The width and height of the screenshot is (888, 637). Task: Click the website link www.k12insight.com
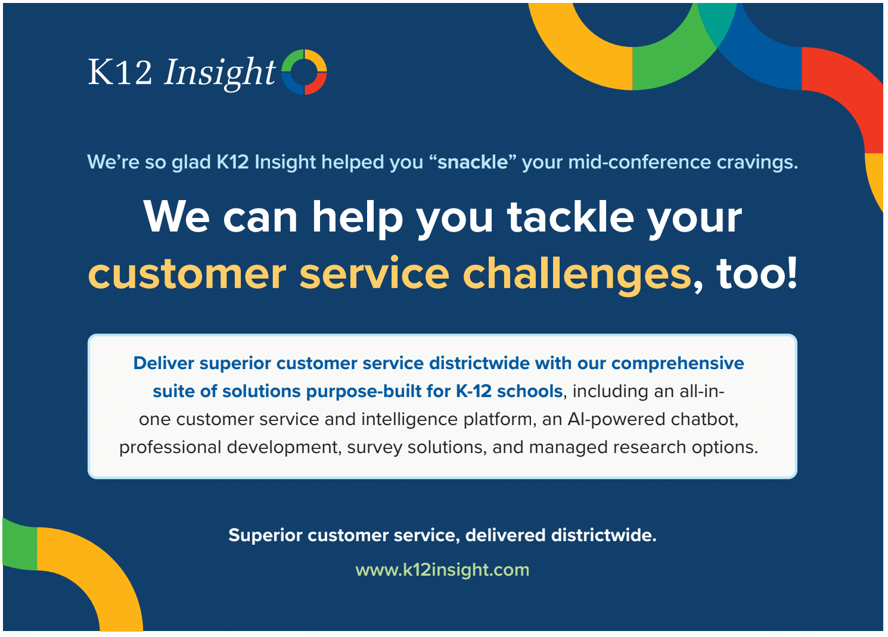point(442,570)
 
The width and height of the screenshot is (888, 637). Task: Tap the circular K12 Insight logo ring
point(304,58)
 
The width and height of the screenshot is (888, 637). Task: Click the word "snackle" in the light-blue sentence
point(473,163)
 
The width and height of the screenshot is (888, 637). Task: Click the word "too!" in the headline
point(756,274)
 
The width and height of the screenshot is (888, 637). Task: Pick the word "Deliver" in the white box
point(163,363)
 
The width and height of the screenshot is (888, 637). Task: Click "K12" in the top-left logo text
point(120,71)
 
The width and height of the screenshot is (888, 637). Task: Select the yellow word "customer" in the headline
point(187,274)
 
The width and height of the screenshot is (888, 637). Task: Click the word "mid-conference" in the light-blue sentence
point(639,163)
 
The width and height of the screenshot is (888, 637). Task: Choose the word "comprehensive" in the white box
point(678,363)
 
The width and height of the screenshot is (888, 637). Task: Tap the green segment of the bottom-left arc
point(20,544)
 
